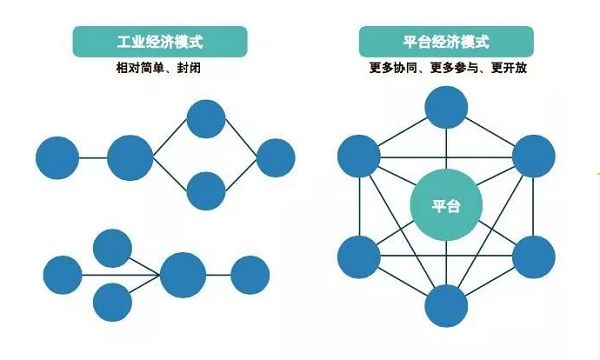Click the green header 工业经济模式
pos(145,43)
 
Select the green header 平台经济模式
pos(446,43)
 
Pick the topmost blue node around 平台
pos(447,107)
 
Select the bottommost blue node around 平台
pos(447,304)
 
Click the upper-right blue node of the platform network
pos(534,156)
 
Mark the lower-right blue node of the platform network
pos(534,257)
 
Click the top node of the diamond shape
pos(207,120)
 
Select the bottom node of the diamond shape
pos(207,191)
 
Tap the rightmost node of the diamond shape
pos(275,157)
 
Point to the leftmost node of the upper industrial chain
pos(57,157)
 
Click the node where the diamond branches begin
pos(130,157)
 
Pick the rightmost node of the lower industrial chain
pos(250,274)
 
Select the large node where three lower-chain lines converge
pos(183,274)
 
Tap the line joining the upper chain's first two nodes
pos(93,157)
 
